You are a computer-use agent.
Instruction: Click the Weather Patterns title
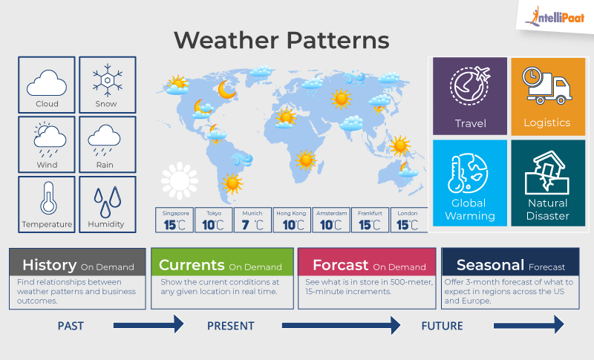coord(281,39)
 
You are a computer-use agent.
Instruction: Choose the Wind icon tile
coord(47,143)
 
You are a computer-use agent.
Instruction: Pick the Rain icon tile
coord(107,143)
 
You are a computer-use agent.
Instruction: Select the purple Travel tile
coord(470,95)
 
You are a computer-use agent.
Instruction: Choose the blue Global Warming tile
coord(470,182)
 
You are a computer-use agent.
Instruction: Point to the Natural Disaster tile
coord(548,182)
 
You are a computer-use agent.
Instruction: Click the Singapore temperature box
coord(175,220)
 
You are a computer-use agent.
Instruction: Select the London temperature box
coord(408,220)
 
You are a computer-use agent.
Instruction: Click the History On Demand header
coord(77,265)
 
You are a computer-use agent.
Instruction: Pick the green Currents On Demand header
coord(220,265)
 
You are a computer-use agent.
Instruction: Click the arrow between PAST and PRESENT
coord(148,324)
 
